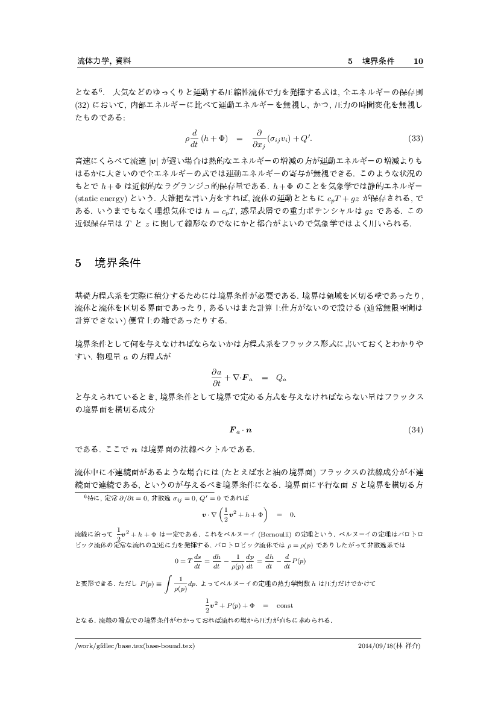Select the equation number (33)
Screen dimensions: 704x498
[415, 138]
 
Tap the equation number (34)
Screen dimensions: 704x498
[415, 430]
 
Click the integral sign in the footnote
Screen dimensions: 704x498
[165, 584]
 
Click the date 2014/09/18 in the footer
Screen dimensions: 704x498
[375, 646]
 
